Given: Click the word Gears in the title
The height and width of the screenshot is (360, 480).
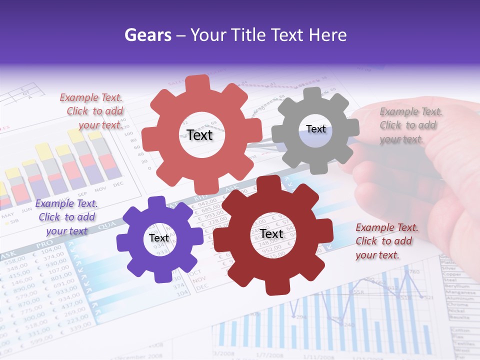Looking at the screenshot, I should [x=148, y=35].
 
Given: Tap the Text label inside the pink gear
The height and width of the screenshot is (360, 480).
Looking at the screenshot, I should [x=199, y=135].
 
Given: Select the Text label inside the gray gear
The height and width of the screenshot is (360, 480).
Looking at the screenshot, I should [x=315, y=129].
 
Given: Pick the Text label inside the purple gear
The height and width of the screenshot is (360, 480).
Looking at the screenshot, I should [x=159, y=238].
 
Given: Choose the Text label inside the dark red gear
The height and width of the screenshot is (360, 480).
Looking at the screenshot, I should [x=271, y=233].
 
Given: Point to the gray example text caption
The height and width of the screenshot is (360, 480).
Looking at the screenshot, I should [x=410, y=125].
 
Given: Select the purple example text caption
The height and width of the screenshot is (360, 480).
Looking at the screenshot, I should [x=66, y=217].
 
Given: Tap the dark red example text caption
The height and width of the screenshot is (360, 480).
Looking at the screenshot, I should [x=385, y=241].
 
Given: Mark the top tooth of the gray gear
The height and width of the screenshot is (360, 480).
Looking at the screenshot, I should [x=312, y=93].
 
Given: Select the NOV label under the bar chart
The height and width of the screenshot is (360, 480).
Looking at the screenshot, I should [x=100, y=189].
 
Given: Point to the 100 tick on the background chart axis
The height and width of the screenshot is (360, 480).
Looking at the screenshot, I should [x=128, y=134].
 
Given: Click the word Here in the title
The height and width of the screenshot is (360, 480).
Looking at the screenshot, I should [x=328, y=35].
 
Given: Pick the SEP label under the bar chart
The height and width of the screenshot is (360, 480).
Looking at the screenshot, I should [x=82, y=194].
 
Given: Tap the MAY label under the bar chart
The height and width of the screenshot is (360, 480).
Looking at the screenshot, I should [x=7, y=216].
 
